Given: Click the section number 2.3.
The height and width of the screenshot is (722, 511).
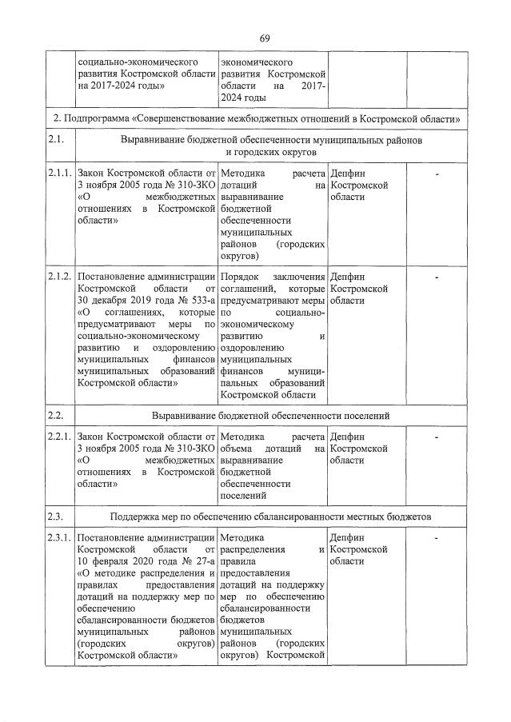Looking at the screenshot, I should pyautogui.click(x=55, y=516).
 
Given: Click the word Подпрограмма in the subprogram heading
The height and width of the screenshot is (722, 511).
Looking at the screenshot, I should pyautogui.click(x=96, y=118).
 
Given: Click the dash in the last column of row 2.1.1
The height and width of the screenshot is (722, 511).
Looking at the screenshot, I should pyautogui.click(x=437, y=173).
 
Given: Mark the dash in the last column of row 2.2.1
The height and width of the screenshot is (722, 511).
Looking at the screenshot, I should pyautogui.click(x=437, y=437).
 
